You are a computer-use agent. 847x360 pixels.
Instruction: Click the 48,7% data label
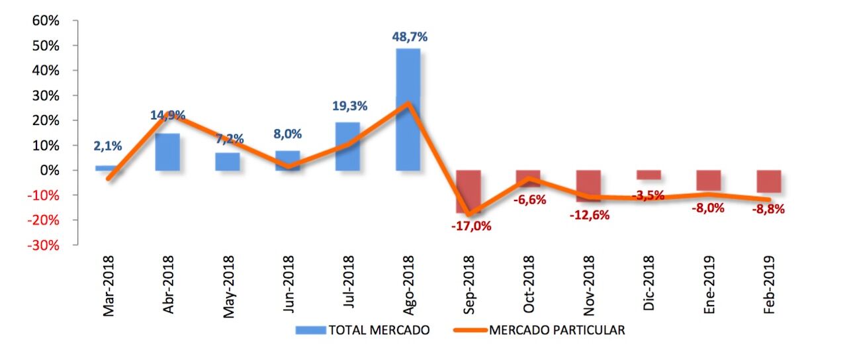tap(410, 37)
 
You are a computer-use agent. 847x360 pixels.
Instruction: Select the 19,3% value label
tap(349, 106)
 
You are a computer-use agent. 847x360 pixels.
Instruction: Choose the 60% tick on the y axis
tap(46, 21)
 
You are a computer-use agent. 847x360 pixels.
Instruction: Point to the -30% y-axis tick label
tap(43, 245)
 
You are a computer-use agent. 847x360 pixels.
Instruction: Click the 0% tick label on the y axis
tap(49, 170)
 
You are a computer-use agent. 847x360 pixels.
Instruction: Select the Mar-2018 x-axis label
tap(108, 286)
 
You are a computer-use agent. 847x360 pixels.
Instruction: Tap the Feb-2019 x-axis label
tap(769, 286)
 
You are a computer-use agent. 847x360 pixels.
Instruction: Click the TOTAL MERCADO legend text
tap(379, 330)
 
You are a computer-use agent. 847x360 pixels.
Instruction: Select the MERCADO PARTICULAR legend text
tap(557, 330)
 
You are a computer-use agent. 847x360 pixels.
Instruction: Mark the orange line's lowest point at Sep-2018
tap(468, 214)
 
